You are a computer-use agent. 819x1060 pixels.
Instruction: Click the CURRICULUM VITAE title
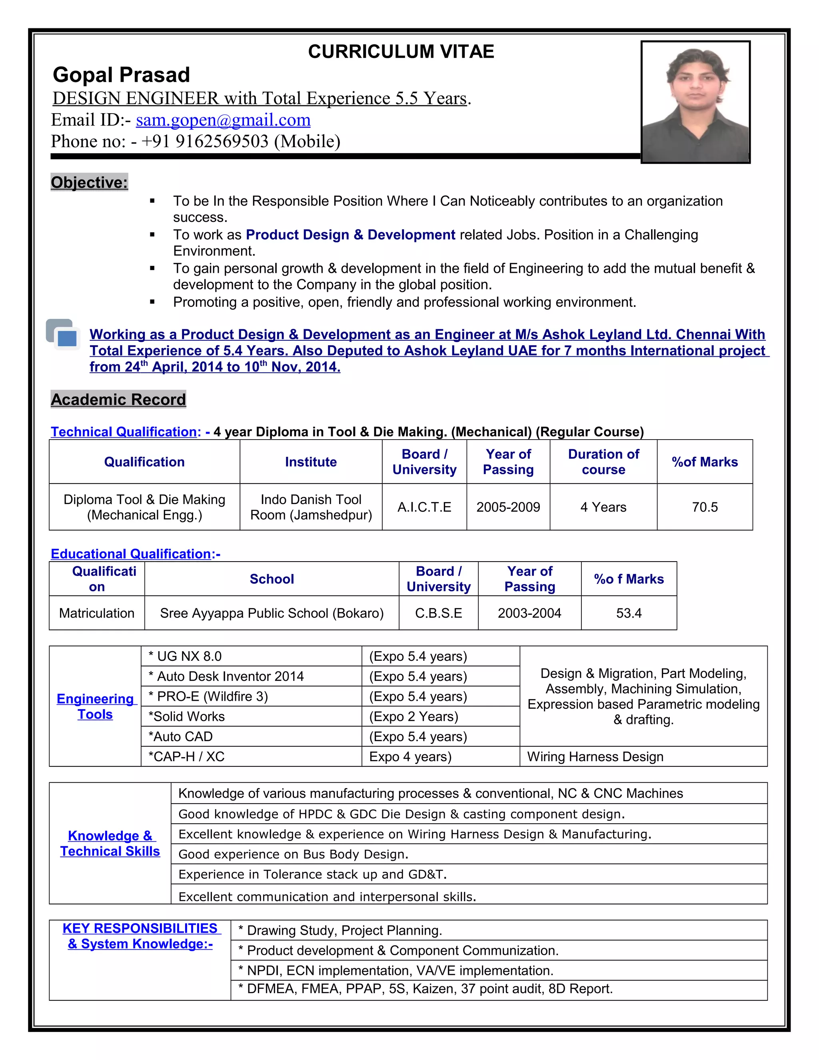(401, 52)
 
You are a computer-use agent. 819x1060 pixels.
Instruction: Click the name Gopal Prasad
(121, 75)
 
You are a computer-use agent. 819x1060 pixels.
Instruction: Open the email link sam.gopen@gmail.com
(223, 120)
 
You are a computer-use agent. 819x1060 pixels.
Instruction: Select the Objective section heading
(89, 182)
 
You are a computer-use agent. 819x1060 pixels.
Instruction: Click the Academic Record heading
(118, 400)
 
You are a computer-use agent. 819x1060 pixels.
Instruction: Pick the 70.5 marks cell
(705, 507)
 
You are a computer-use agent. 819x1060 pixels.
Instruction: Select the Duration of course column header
(603, 462)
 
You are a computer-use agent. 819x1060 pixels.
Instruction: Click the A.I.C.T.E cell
(424, 507)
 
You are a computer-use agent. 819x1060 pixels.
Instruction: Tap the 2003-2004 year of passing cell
(529, 613)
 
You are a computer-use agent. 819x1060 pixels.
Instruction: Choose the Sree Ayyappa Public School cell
(272, 613)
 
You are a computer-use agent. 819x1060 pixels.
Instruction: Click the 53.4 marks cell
(629, 613)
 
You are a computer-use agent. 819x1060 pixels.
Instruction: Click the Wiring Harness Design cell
(595, 757)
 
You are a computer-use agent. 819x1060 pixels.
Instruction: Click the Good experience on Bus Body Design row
(294, 854)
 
